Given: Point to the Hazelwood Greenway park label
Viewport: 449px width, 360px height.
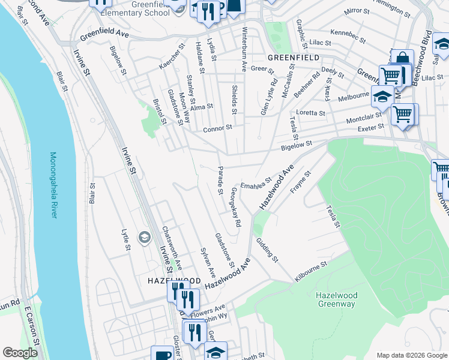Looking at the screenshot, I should [336, 299].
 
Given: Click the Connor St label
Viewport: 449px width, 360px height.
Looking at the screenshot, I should [217, 128].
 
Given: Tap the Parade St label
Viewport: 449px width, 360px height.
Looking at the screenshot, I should [220, 176].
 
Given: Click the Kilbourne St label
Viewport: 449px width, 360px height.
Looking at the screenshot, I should [310, 272].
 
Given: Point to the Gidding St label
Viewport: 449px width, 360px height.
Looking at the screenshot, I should [268, 250].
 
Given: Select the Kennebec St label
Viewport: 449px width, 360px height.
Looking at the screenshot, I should [348, 35].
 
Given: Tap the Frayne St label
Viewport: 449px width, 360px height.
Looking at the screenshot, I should [301, 182].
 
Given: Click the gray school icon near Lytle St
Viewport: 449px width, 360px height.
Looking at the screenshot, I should [143, 238].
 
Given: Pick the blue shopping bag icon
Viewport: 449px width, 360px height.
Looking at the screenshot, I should [403, 59].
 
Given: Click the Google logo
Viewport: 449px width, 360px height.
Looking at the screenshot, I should [20, 353].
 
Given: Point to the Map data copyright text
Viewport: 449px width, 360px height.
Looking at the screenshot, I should [411, 355].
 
